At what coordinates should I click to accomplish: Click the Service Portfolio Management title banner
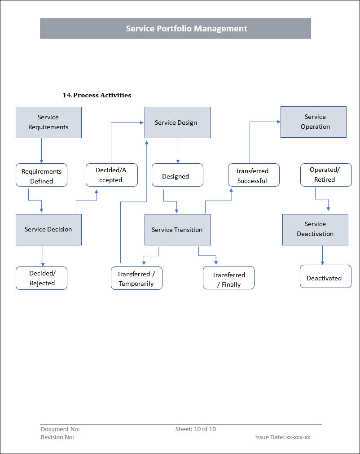pos(176,28)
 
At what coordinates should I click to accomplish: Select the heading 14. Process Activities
pos(97,95)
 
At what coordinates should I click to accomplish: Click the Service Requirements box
pos(48,122)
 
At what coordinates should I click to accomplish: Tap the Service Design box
pos(178,122)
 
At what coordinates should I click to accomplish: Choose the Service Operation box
pos(313,122)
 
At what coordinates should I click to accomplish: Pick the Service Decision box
pos(48,230)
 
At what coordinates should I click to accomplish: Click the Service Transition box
pos(178,230)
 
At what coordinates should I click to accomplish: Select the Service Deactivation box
pos(316,230)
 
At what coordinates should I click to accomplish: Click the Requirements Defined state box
pos(41,175)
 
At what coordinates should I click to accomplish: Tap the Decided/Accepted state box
pos(112,175)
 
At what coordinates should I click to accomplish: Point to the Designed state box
pos(178,175)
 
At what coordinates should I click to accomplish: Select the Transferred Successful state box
pos(254,175)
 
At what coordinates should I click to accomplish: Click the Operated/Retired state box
pos(326,175)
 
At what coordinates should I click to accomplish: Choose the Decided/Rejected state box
pos(41,278)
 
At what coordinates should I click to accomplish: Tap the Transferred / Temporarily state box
pos(137,278)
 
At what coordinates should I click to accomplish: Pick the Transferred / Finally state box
pos(229,278)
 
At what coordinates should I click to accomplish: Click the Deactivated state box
pos(325,276)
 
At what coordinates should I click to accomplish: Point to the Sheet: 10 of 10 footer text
pos(196,429)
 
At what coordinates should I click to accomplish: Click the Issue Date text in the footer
pos(283,437)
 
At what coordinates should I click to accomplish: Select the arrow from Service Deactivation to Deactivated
pos(322,255)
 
